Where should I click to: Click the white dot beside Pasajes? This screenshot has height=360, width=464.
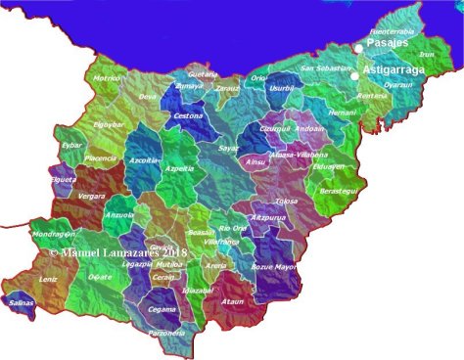[359, 49]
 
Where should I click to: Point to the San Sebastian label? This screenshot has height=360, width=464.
[326, 68]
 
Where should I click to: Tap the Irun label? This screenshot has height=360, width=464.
[427, 55]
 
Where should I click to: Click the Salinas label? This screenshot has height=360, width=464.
[21, 303]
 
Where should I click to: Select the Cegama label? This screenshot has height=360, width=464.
[162, 310]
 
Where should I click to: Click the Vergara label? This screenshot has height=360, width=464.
[66, 197]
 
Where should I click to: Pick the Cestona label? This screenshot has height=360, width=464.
[188, 116]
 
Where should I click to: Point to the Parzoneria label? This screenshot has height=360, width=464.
[166, 333]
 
